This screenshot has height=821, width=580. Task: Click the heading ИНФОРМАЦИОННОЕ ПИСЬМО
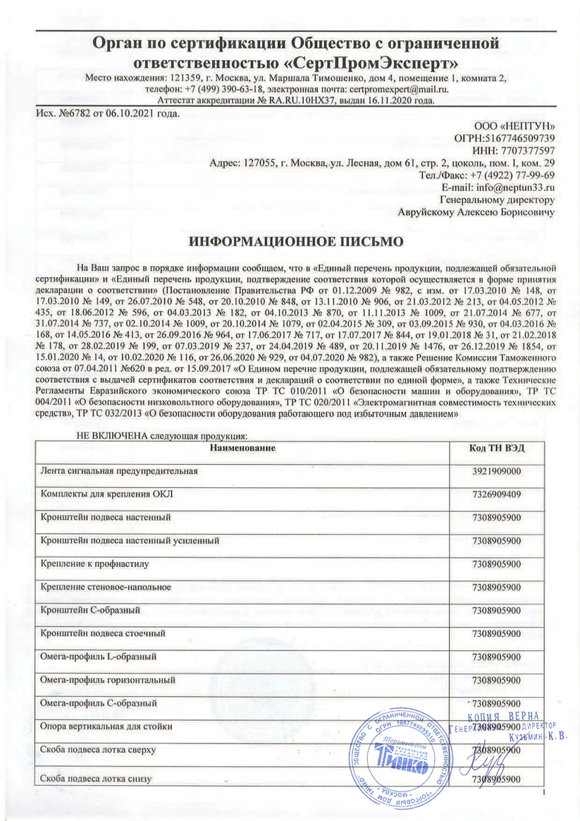coord(296,241)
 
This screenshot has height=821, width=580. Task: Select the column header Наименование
coord(242,448)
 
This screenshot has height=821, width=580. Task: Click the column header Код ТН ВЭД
coord(497,449)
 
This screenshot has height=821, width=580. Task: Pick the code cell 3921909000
coord(496,470)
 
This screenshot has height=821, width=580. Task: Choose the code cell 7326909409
coord(496,494)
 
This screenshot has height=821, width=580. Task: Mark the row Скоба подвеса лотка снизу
coord(97,779)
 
